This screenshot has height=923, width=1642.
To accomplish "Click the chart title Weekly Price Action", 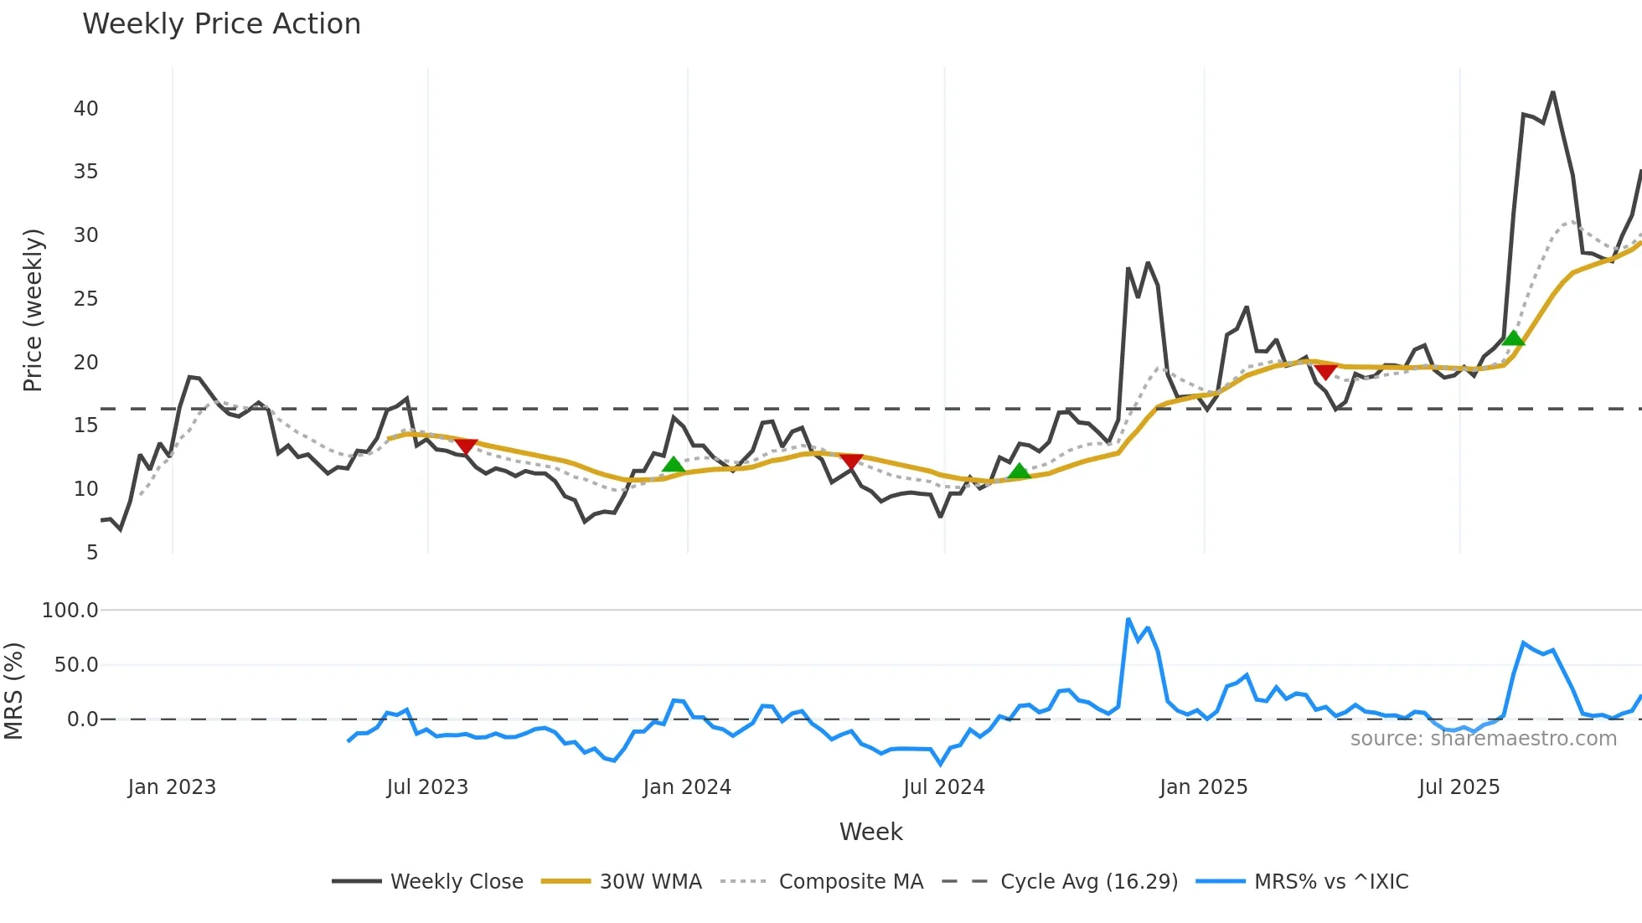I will coord(221,24).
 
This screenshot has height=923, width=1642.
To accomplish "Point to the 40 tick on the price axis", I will coord(85,108).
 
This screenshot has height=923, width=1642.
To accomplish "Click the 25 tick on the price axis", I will coord(85,298).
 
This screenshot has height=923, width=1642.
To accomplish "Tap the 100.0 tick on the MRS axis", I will coord(70,610).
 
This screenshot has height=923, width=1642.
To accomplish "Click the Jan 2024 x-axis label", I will coord(687,787).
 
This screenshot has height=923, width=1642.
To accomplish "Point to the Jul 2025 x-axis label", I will coord(1459,787).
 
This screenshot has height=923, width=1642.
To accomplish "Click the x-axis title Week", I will coord(870,832).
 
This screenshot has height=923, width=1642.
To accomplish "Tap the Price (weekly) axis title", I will coord(33,310).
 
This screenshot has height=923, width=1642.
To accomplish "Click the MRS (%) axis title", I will coord(13,691).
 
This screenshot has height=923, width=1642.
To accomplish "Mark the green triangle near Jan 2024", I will coord(673,465).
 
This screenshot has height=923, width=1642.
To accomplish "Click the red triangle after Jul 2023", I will coord(466,446).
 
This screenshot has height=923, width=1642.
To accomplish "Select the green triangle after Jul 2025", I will coord(1513,338).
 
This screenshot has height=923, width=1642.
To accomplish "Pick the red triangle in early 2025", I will coord(1325,371).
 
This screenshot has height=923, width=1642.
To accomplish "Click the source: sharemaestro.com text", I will coord(1483,739).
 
